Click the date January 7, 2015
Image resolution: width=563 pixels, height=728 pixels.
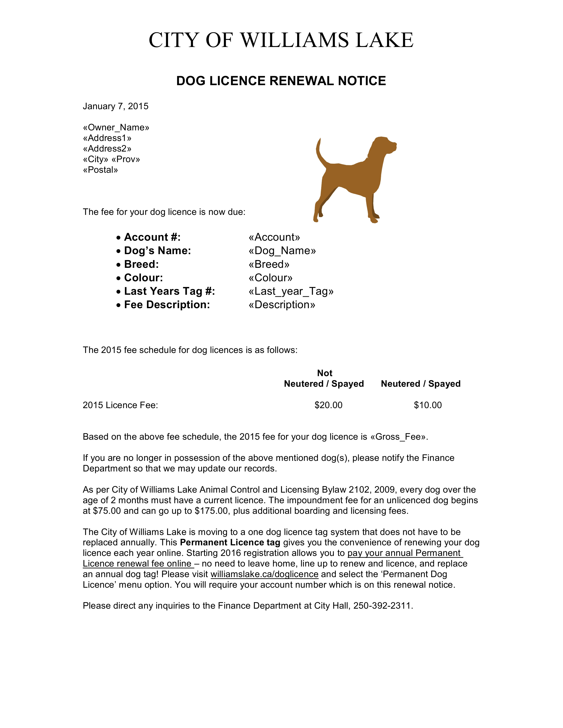click(x=115, y=106)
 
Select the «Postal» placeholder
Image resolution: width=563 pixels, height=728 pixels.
click(x=100, y=170)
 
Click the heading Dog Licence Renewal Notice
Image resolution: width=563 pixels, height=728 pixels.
click(x=281, y=81)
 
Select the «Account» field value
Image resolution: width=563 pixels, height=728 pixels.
click(x=274, y=237)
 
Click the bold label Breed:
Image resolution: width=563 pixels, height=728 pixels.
click(x=142, y=264)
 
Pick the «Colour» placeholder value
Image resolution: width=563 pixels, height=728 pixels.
click(x=270, y=278)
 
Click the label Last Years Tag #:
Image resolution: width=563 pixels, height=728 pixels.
click(x=169, y=291)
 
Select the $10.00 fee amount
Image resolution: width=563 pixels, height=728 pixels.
click(x=428, y=405)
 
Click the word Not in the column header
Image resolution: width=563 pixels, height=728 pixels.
click(x=325, y=373)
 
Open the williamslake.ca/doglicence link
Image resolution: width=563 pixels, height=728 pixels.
click(x=264, y=574)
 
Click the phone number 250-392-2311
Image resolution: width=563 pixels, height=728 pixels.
click(x=383, y=606)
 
